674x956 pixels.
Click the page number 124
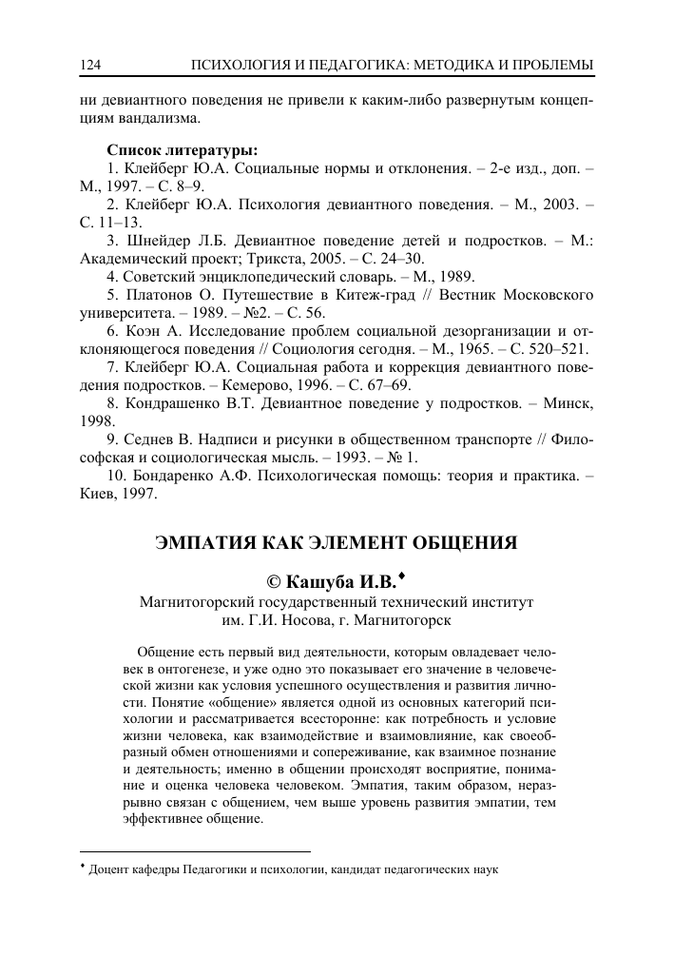(91, 64)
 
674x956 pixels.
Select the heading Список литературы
(183, 150)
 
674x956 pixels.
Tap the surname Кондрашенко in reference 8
(178, 403)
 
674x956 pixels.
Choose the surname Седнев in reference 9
(148, 439)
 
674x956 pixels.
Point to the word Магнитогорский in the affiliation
(197, 602)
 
